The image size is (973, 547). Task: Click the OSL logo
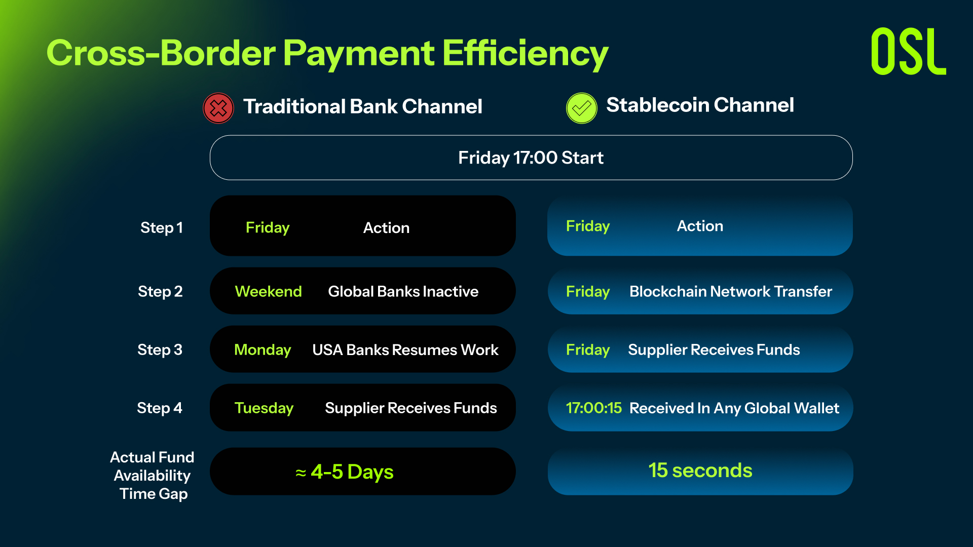coord(908,51)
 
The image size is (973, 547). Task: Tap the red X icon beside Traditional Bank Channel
coord(218,108)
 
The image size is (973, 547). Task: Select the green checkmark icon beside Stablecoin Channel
coord(582,108)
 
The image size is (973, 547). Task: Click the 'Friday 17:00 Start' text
coord(531,158)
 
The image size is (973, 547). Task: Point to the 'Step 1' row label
coord(162,228)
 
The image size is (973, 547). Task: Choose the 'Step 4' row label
coord(160,408)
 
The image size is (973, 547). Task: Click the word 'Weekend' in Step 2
coord(269,291)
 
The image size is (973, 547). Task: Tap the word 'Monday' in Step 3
coord(263,349)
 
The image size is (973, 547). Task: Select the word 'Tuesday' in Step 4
coord(264,408)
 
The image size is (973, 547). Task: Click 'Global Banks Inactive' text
coord(403,291)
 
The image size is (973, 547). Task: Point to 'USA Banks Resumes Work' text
coord(405,349)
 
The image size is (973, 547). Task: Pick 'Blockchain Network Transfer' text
coord(731,291)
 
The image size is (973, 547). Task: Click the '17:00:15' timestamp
coord(594,408)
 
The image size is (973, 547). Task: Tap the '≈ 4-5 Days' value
coord(345,472)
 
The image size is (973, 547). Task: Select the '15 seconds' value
coord(700,470)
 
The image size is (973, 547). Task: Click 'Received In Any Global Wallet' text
coord(734,408)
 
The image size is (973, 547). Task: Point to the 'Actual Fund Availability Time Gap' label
coord(153,475)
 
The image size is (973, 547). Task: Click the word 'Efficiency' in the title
coord(526,53)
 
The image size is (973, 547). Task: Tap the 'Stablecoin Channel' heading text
coord(700,105)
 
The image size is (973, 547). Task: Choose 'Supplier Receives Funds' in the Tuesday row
coord(411,408)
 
